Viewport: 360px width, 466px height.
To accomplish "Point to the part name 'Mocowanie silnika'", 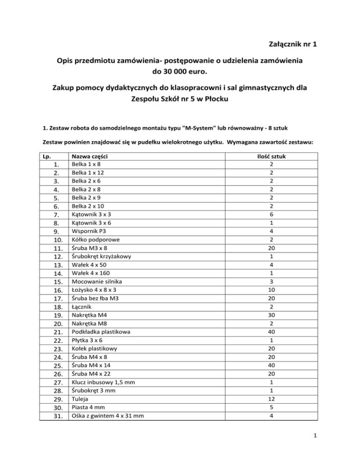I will click(96, 281).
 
